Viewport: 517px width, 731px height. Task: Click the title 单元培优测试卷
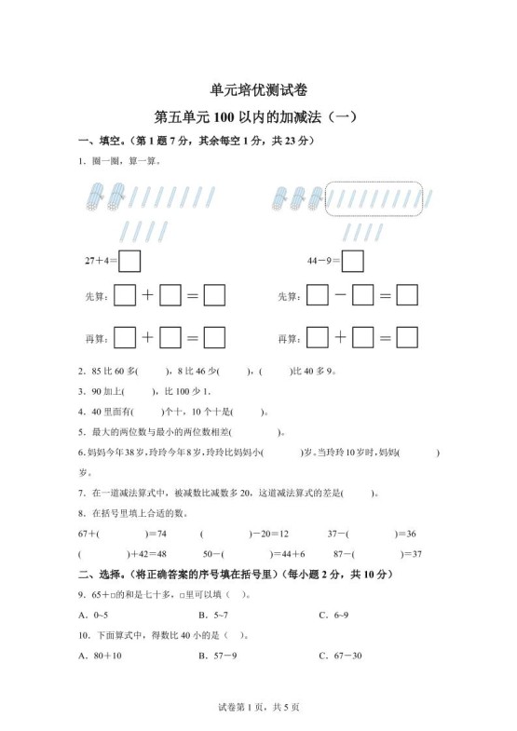(x=259, y=90)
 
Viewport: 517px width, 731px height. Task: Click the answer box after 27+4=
(x=129, y=261)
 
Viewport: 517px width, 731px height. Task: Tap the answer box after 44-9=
(x=352, y=261)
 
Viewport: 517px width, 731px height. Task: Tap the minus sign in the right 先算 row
(x=340, y=296)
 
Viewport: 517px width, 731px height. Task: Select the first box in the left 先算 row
(x=125, y=296)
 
